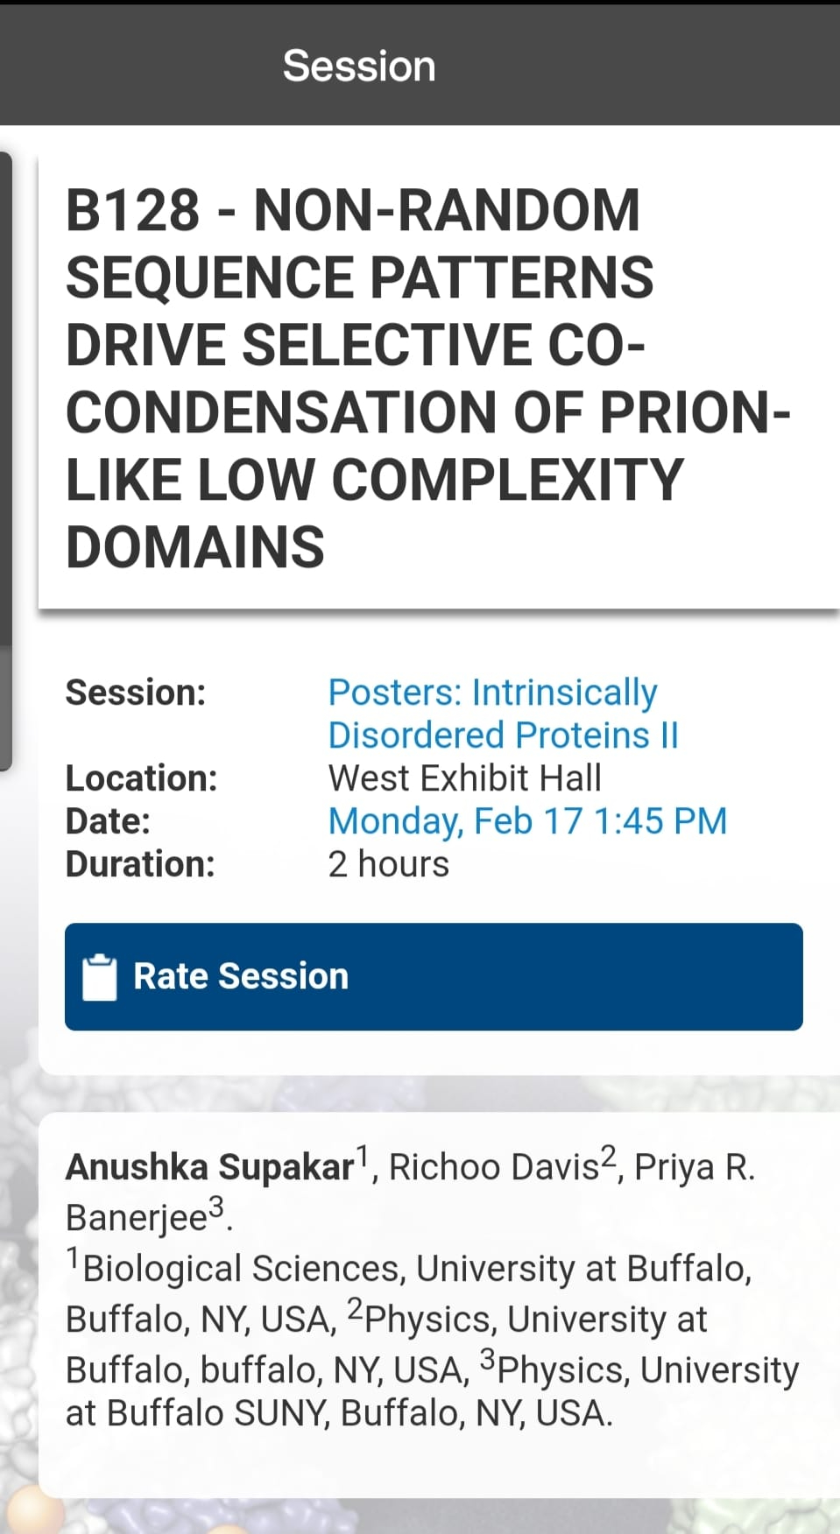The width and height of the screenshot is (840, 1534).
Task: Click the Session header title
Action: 359,66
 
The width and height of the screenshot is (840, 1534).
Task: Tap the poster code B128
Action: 133,210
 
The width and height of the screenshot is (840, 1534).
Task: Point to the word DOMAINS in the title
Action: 195,547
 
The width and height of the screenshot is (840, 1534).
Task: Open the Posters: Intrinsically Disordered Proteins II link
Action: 504,714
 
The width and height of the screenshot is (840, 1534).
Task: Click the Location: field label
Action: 142,778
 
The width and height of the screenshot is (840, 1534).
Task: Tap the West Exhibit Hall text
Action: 465,778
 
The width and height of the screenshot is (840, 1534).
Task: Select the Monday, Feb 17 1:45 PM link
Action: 527,821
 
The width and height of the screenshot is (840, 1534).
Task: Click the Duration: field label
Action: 140,864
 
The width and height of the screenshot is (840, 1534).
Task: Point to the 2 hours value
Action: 389,864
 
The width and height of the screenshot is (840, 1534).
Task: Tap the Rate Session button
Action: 434,976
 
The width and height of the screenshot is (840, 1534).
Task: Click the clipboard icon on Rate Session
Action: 99,976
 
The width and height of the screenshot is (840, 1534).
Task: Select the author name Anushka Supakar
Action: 210,1167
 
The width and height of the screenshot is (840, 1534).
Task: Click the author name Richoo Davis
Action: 494,1167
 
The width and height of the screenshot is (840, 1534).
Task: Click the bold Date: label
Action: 109,821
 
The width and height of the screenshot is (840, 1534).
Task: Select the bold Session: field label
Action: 136,693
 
